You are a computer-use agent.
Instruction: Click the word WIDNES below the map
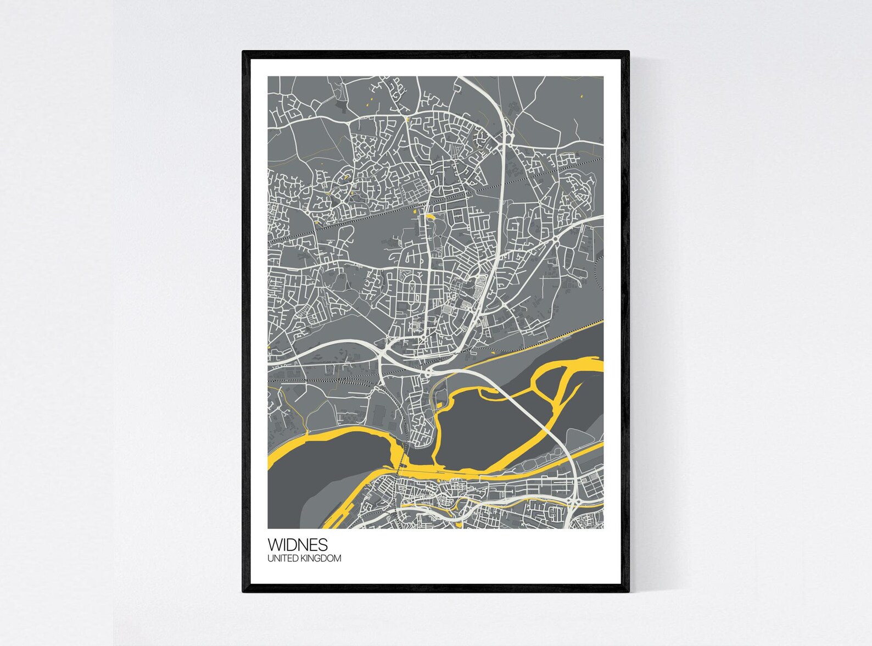coord(298,544)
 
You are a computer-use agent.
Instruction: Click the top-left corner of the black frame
coord(244,52)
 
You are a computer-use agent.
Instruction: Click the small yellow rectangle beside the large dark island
coord(440,405)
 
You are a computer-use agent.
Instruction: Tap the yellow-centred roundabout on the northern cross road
coord(407,119)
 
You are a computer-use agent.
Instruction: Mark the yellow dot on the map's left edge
coord(269,348)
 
